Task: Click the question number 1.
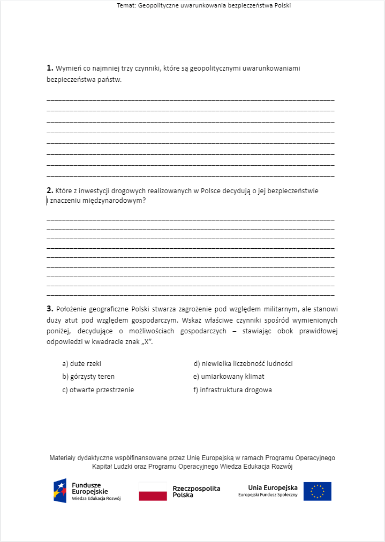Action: [x=49, y=68]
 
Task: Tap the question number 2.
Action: [x=49, y=190]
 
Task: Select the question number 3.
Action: [x=49, y=309]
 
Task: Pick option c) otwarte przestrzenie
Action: [x=98, y=390]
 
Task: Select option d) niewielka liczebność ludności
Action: [x=243, y=363]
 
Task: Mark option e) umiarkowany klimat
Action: [x=229, y=376]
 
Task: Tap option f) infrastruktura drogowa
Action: [x=232, y=390]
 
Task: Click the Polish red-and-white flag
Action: [x=153, y=491]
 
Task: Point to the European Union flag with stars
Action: [x=317, y=491]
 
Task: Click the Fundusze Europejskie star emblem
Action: [x=60, y=491]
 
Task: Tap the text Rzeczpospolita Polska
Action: [x=196, y=492]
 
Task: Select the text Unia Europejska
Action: [x=273, y=487]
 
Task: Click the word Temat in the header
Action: [x=126, y=5]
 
